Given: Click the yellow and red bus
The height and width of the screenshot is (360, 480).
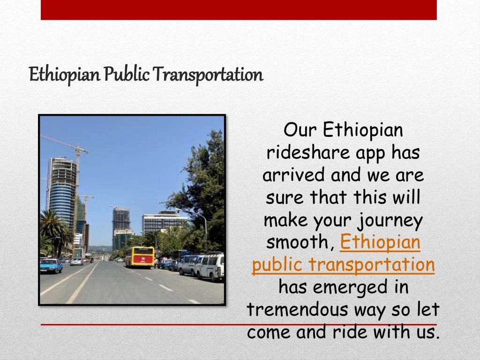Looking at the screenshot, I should (139, 257).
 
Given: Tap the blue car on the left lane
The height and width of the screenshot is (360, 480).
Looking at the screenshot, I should (51, 266).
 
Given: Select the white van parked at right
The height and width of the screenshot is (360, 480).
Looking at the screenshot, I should (210, 267).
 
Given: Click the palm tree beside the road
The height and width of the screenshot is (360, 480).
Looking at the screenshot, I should (54, 230).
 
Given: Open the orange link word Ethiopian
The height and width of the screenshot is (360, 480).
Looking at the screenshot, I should (380, 242).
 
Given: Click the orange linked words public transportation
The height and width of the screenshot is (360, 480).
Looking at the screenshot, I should (343, 265).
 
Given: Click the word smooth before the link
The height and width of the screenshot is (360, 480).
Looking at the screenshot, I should (300, 242).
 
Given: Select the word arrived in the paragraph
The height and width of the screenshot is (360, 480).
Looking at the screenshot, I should (293, 175).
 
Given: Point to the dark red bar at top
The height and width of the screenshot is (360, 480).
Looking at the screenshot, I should (239, 10).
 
